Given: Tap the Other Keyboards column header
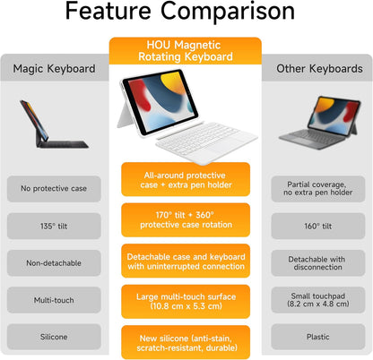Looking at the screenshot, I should click(317, 69).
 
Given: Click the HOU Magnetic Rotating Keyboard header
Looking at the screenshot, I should click(186, 52).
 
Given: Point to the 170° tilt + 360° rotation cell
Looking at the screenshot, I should click(186, 219).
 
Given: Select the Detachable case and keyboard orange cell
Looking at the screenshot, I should click(186, 260).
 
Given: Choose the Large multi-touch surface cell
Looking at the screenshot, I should click(186, 301).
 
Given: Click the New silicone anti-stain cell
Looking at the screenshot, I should click(186, 341).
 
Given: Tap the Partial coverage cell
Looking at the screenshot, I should click(317, 188).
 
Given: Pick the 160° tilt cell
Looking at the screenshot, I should click(317, 225).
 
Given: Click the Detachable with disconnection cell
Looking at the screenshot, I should click(317, 262).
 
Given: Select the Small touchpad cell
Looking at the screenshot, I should click(317, 299).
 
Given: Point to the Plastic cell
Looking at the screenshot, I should click(317, 336).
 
